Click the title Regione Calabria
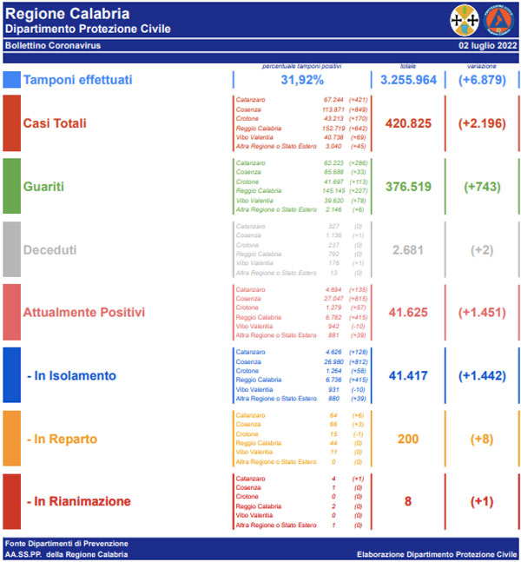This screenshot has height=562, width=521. point(68,14)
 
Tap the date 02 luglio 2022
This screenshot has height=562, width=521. point(486,44)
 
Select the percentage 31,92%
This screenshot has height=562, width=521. point(302,80)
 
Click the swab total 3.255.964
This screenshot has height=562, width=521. point(408,80)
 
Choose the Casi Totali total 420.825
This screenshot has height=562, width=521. point(408,123)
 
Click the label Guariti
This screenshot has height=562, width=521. point(44,186)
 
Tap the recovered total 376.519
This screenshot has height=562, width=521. point(408,186)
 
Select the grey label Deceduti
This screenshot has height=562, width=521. point(49,249)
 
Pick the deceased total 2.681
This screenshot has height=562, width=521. point(408,249)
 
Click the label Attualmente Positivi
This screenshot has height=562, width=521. point(84,312)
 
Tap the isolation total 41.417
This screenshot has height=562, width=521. point(408,375)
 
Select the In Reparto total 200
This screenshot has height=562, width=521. point(408,439)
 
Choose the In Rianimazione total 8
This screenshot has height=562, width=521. point(408,501)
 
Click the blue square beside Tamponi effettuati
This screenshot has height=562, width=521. point(11,80)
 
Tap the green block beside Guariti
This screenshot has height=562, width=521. point(11,186)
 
